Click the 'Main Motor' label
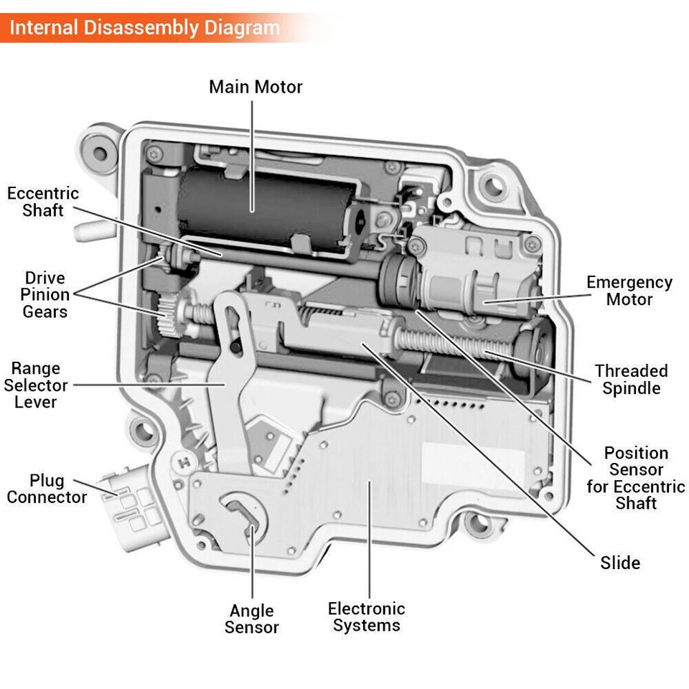pyautogui.click(x=256, y=87)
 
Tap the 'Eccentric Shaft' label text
pyautogui.click(x=43, y=202)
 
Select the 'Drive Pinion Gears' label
pyautogui.click(x=44, y=294)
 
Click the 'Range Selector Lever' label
pyautogui.click(x=35, y=385)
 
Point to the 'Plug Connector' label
pyautogui.click(x=47, y=489)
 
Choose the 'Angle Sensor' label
pyautogui.click(x=251, y=619)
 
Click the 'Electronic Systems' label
pyautogui.click(x=366, y=617)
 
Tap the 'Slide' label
pyautogui.click(x=620, y=563)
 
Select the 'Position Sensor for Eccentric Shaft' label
pyautogui.click(x=635, y=478)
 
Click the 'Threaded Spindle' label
pyautogui.click(x=631, y=380)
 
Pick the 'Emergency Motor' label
pyautogui.click(x=629, y=291)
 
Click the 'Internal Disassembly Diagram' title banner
pyautogui.click(x=144, y=29)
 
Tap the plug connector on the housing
pyautogui.click(x=133, y=502)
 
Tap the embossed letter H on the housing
pyautogui.click(x=185, y=462)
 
